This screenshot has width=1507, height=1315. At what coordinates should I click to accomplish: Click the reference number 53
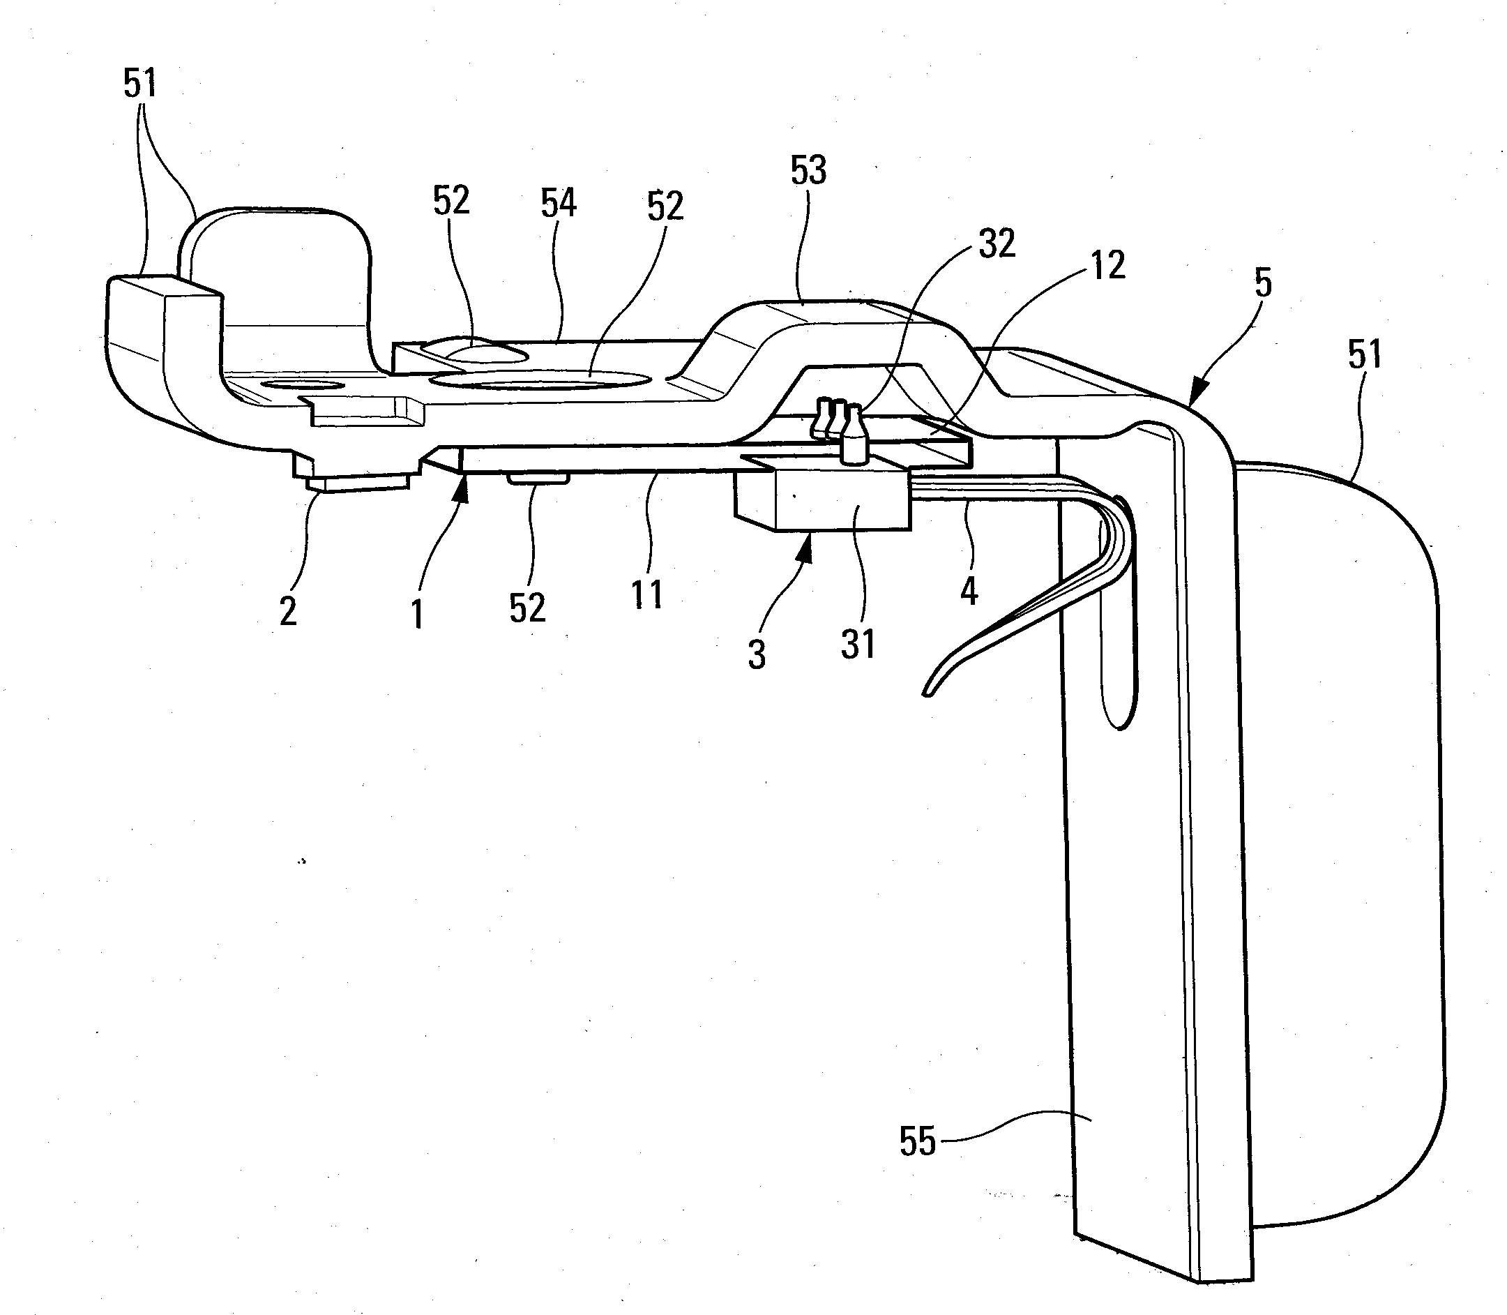tap(808, 171)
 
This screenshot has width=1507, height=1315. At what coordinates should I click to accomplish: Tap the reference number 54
tap(559, 202)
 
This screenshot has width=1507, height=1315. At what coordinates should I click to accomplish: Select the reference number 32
tap(997, 243)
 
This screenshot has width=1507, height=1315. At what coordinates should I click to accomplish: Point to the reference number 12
tap(1107, 265)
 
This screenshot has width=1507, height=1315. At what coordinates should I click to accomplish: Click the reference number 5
tap(1263, 283)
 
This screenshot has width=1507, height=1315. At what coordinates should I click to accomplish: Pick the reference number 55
tap(918, 1142)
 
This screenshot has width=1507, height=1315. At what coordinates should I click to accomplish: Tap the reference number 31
tap(858, 645)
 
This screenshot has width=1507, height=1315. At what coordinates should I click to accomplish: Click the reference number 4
tap(969, 590)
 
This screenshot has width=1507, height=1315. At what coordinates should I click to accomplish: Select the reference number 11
tap(647, 594)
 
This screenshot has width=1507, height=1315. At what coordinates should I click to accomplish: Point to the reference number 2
tap(288, 610)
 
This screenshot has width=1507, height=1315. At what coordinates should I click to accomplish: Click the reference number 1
tap(418, 613)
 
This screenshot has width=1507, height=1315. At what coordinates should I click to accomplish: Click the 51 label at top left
tap(140, 84)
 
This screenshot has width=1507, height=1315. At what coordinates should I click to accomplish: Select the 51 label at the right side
tap(1365, 355)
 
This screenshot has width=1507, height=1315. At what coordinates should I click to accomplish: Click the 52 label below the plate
tap(527, 608)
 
